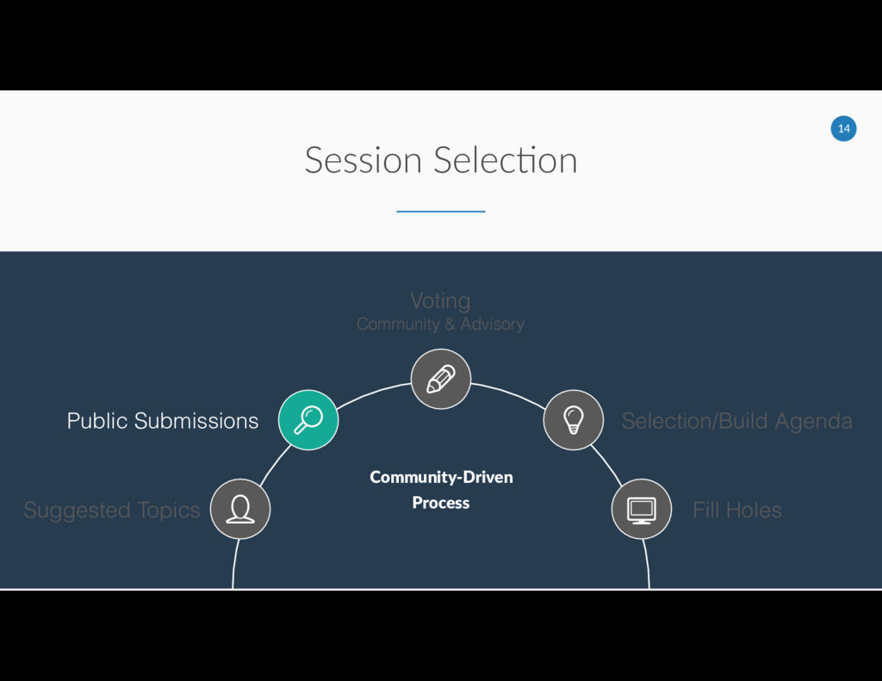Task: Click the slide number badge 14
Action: tap(843, 129)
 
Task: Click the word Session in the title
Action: tap(363, 161)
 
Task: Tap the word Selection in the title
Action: tap(506, 161)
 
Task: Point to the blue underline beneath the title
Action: tap(441, 211)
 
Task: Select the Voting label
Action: tap(440, 300)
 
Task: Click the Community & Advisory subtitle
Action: tap(440, 325)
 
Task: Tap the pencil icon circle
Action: tap(441, 379)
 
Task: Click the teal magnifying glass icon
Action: tap(308, 420)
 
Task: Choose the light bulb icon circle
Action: tap(573, 420)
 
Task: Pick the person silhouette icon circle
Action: tap(240, 509)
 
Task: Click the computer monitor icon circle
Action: tap(641, 509)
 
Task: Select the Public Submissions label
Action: tap(163, 421)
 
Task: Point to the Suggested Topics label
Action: tap(112, 511)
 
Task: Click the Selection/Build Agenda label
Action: tap(737, 421)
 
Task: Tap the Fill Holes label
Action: tap(737, 511)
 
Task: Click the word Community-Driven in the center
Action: tap(441, 477)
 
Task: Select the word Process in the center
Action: tap(441, 503)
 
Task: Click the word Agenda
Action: tap(813, 422)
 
